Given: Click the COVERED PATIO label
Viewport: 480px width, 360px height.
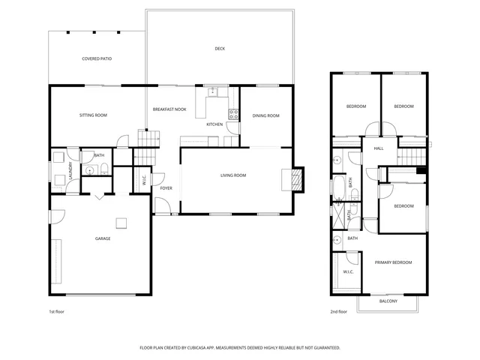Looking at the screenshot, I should [97, 58].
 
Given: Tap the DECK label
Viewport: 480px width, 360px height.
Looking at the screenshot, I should [220, 49].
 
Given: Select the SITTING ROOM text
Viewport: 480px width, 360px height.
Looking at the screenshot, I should [94, 115].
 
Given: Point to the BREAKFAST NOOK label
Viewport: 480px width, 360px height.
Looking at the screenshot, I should [169, 109].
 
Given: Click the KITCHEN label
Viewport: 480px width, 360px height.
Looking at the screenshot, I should [214, 124].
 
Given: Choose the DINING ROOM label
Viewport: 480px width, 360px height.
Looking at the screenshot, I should [265, 115].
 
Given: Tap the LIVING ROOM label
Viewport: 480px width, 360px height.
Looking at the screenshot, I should [233, 175].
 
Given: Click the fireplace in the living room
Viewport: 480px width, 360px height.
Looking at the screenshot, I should [295, 178].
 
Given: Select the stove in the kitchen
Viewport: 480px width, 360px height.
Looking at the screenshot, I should [233, 115].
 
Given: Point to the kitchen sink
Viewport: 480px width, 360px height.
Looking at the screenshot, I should [213, 91].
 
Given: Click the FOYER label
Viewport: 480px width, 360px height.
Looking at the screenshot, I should [166, 188].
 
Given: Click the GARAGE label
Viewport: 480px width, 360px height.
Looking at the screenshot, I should [103, 238].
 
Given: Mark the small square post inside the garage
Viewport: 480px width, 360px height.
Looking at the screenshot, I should [120, 222].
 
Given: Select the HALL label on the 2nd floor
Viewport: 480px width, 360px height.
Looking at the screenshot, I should [379, 148].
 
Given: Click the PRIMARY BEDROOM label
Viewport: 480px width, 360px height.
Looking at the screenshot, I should [394, 262].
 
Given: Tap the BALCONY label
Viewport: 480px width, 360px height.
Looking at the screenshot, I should [388, 301].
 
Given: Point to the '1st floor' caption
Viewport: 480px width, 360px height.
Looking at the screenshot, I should [57, 311].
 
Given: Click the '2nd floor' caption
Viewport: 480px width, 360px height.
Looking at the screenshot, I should [338, 311].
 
